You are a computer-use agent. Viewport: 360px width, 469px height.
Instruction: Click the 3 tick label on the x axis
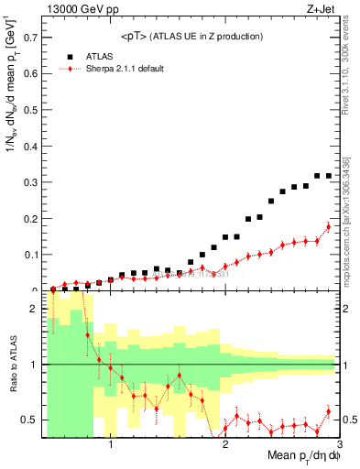click(x=340, y=446)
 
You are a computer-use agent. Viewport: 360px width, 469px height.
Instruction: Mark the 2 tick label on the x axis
click(x=225, y=446)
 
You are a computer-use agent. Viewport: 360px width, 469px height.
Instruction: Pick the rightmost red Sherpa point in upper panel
click(x=329, y=226)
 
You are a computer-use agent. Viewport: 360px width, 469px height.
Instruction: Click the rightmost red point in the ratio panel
click(x=329, y=411)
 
